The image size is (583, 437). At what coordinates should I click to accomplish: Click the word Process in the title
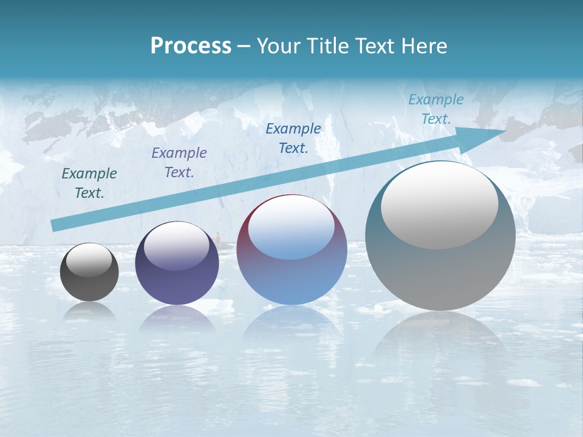pos(191,46)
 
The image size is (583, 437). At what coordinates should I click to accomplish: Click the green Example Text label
pos(89,183)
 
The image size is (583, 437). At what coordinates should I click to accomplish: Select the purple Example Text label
pos(179,163)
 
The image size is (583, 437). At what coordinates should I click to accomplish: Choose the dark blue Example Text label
pos(293,138)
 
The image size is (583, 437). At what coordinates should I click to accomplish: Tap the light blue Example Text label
pos(436,109)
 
